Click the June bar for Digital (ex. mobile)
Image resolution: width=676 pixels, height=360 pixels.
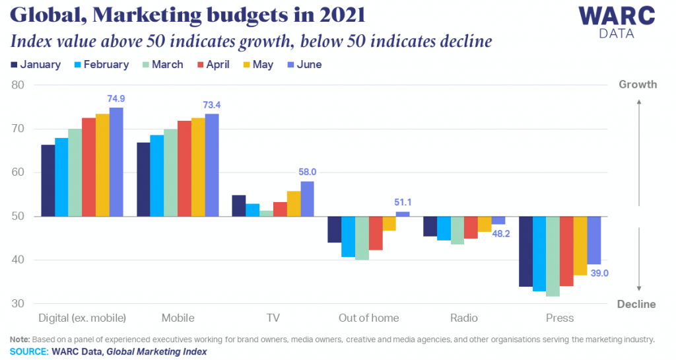[x=116, y=162]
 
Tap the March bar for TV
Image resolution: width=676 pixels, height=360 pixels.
[x=267, y=213]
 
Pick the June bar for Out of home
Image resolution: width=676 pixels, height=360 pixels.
[x=402, y=214]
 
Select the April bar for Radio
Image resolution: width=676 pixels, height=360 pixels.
[x=471, y=227]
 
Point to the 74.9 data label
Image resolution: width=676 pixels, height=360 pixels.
[x=116, y=98]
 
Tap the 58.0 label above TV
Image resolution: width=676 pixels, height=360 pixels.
[x=308, y=172]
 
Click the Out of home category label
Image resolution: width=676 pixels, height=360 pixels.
[x=368, y=318]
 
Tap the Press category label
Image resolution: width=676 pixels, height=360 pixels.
[x=560, y=318]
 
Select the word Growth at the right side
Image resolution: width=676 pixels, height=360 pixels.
[x=637, y=85]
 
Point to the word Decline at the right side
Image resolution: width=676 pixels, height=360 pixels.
[x=636, y=305]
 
